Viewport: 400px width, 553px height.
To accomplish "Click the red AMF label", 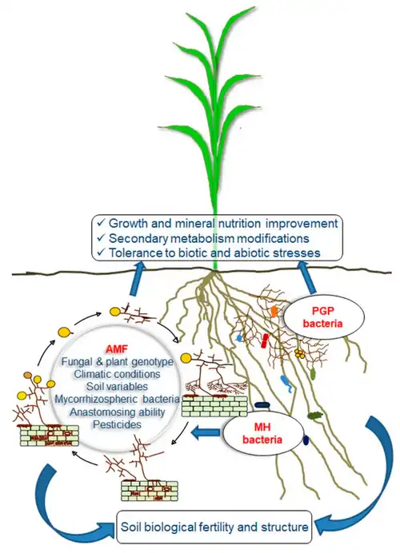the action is point(117,348).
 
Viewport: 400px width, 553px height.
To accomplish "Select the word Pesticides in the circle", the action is point(117,424).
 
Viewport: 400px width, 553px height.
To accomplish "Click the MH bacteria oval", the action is point(262,433).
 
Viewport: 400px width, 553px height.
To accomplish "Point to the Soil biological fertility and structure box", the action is point(214,527).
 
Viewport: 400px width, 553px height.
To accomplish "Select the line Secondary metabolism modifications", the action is point(209,238).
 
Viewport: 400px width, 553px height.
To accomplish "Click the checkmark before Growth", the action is point(101,222).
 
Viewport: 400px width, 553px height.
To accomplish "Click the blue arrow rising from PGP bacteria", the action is point(307,276).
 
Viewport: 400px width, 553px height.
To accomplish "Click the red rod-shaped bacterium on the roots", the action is point(265,340).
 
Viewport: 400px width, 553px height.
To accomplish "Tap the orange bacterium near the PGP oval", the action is point(274,312).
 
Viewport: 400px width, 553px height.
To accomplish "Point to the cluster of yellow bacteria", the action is point(300,353).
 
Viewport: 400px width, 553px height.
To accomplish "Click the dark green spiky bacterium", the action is point(315,416).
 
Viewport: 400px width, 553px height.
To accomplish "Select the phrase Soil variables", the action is point(117,386).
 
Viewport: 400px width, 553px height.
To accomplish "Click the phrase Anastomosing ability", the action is point(117,412).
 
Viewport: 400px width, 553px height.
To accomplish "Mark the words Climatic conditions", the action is point(117,374).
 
